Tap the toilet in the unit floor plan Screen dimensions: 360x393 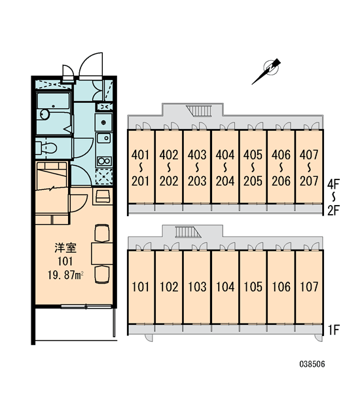click(x=46, y=148)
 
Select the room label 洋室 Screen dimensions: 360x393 click(x=65, y=248)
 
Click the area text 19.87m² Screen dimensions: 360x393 click(x=65, y=275)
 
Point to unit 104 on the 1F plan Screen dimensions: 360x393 click(x=225, y=287)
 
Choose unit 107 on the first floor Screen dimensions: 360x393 click(x=309, y=287)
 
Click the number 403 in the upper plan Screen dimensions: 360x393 click(x=197, y=155)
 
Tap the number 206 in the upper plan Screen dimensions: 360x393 click(x=281, y=181)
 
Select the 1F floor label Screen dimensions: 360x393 click(x=333, y=329)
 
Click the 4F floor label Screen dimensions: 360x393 click(x=333, y=185)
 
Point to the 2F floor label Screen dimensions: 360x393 click(x=333, y=211)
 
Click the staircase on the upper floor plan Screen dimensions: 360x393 click(x=199, y=111)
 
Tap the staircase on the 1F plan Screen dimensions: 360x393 click(x=188, y=232)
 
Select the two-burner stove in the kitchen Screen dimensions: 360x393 click(x=104, y=160)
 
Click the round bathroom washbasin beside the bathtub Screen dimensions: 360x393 click(x=45, y=114)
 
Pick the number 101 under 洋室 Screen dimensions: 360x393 click(x=65, y=261)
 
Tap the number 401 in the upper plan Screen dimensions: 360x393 click(x=141, y=155)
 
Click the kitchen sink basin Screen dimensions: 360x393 click(x=103, y=138)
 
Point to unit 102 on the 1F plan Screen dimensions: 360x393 click(x=169, y=287)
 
